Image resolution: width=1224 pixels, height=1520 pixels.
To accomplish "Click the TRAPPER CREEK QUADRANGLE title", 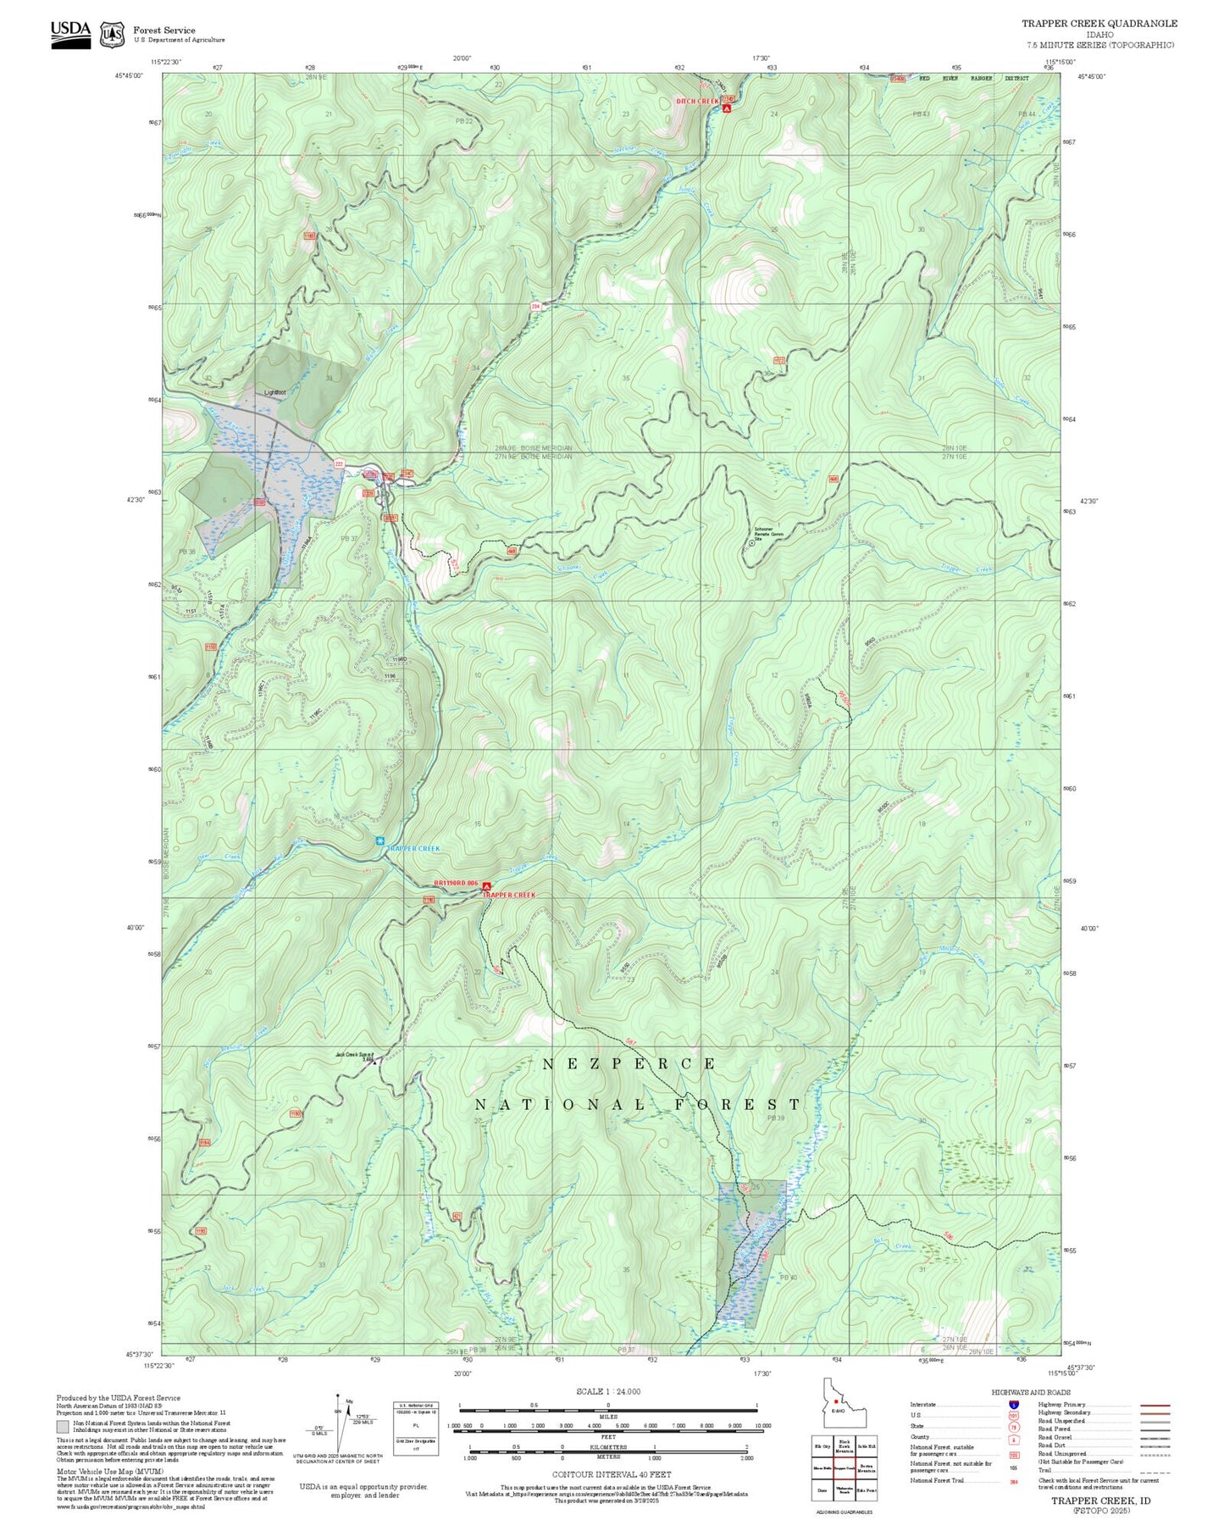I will [x=1099, y=24].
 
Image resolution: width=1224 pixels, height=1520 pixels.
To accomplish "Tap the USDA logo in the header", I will [x=70, y=33].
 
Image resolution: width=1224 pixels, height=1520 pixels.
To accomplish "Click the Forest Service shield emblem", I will [x=112, y=35].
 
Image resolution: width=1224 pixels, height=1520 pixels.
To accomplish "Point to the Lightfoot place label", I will [x=274, y=392].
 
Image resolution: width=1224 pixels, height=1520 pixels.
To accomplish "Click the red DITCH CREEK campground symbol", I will [x=727, y=109].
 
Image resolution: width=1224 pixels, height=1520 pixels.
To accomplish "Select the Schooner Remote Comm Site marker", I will [x=751, y=544].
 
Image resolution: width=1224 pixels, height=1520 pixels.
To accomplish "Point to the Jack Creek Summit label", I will [x=354, y=1055].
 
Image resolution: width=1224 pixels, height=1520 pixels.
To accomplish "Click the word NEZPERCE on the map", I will [x=629, y=1063].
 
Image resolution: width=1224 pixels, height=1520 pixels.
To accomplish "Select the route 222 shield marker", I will [x=339, y=463].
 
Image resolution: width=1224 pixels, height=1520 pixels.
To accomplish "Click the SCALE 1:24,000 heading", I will [x=607, y=1391].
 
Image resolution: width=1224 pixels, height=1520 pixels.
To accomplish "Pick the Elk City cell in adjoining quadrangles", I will [x=822, y=1446].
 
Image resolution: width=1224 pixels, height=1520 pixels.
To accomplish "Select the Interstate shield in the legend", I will [x=1013, y=1405].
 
